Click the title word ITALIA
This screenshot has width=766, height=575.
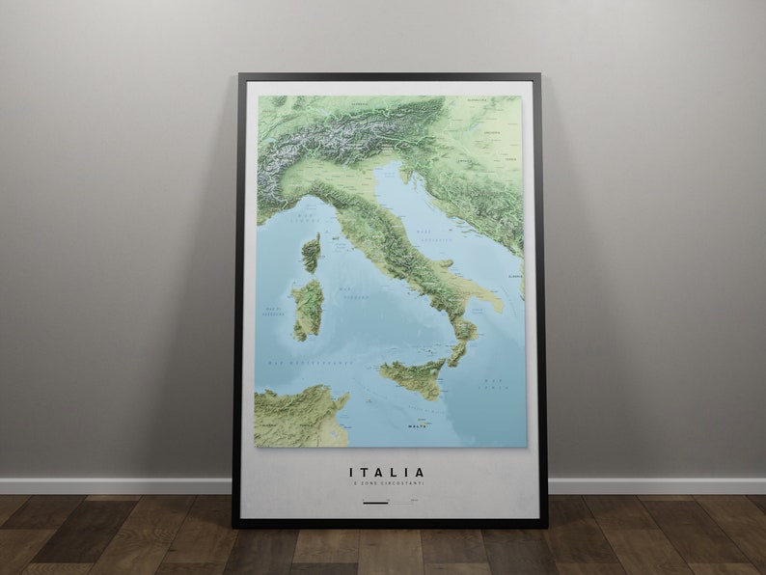(x=387, y=473)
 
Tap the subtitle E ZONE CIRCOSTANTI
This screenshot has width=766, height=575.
(x=387, y=483)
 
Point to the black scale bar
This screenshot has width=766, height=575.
(x=374, y=502)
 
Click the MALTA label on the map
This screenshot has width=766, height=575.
(x=417, y=425)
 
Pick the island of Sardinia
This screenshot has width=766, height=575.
(x=308, y=309)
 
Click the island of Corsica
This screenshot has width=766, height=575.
(x=311, y=253)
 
